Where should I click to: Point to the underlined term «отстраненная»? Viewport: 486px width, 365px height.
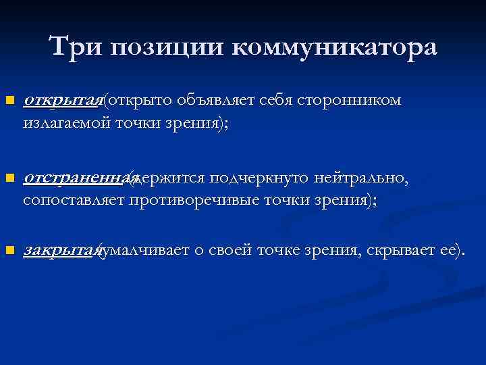76,177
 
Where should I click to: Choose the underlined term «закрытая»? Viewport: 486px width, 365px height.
61,250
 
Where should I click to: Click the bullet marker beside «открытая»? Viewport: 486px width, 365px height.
8,101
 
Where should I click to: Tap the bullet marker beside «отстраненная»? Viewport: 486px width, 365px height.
8,178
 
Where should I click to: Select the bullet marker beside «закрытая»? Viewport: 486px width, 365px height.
8,251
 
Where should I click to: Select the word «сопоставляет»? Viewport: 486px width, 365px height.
74,200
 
